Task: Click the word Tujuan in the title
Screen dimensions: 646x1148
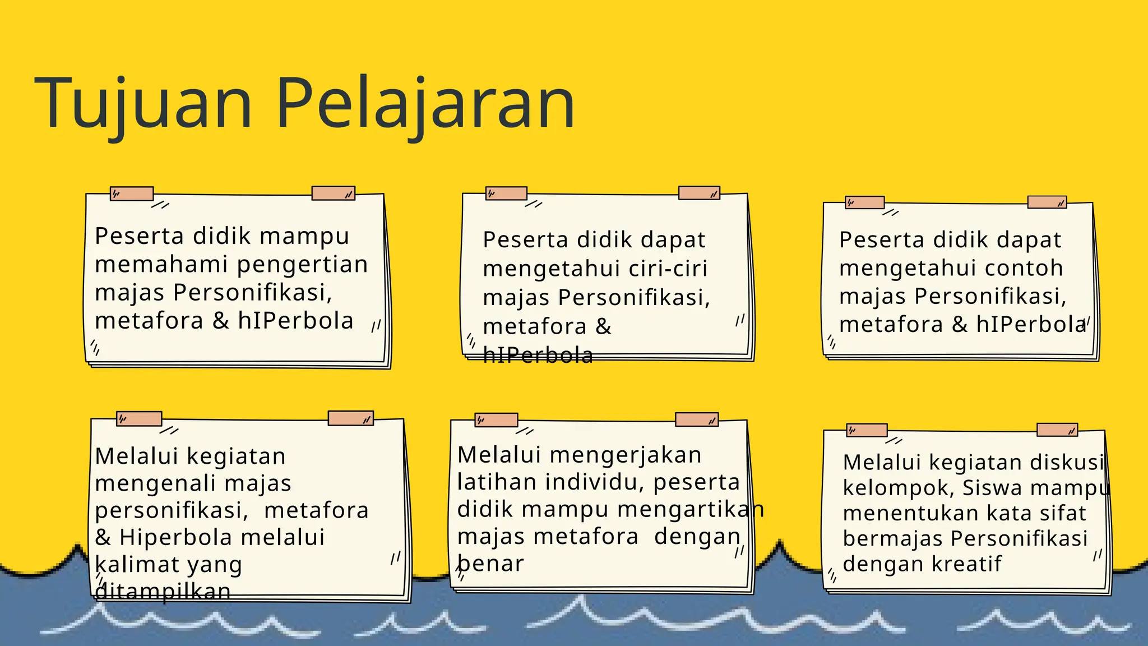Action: click(x=143, y=104)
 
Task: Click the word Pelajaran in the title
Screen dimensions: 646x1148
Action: click(x=426, y=104)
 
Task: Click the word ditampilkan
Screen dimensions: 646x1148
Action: click(x=163, y=592)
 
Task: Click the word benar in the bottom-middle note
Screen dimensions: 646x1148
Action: click(x=491, y=564)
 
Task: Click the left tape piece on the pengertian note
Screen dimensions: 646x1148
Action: click(x=132, y=194)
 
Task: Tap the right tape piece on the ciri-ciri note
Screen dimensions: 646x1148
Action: click(x=699, y=193)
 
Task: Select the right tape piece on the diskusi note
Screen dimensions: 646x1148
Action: click(x=1057, y=430)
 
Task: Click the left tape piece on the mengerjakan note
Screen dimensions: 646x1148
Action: click(x=496, y=420)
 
